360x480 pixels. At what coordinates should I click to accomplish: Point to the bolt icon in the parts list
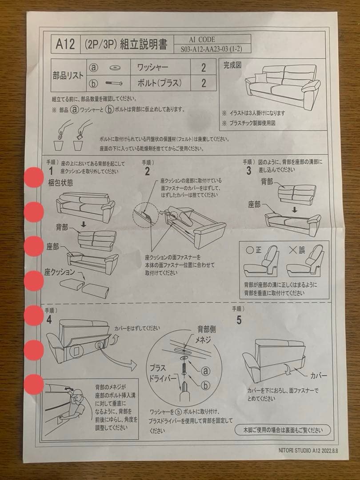(x=114, y=83)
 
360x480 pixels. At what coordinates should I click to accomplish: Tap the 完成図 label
(x=232, y=65)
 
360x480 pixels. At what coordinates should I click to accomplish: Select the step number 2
(x=147, y=172)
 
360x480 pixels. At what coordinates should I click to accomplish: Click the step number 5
(x=239, y=319)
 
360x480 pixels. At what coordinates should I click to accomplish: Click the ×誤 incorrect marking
(x=297, y=249)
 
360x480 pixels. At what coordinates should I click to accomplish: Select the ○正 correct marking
(x=254, y=249)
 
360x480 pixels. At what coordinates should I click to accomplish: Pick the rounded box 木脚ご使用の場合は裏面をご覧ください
(x=282, y=430)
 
